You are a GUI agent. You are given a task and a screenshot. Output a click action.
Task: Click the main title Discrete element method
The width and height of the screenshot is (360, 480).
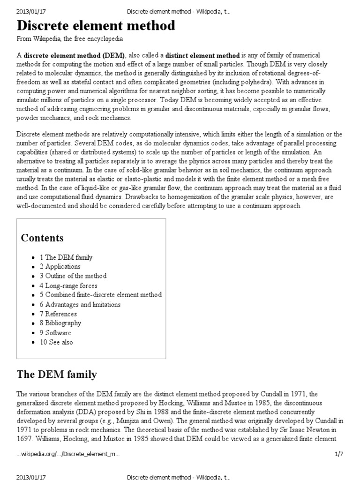point(96,26)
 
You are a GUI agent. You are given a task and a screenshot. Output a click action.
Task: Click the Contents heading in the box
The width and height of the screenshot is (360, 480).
point(42,238)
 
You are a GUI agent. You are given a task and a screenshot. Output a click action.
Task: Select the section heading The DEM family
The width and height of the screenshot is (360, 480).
point(57,374)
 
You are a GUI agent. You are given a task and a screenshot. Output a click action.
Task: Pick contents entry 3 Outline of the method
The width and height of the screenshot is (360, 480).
point(73,276)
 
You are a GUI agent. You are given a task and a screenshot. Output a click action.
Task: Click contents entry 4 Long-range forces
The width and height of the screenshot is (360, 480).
point(68,285)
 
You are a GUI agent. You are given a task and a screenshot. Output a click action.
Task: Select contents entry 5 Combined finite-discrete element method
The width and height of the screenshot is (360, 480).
point(101,295)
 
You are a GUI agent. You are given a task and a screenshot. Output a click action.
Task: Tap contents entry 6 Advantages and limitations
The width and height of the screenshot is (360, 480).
point(80,304)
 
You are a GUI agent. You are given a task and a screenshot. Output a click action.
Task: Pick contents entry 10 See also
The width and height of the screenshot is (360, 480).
point(56,342)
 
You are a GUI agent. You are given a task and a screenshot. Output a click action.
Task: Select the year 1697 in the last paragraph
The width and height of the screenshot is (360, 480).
point(25,439)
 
